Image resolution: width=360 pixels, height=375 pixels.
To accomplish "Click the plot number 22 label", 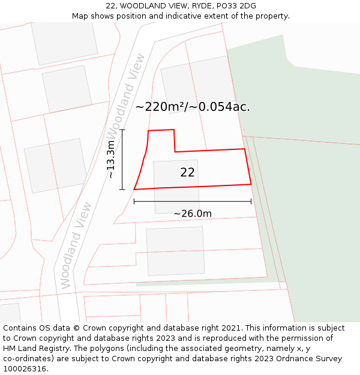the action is [x=187, y=173].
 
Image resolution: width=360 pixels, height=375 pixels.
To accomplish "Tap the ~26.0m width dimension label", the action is [x=193, y=214].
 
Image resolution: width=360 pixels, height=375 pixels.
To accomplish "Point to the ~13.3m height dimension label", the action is [x=110, y=159].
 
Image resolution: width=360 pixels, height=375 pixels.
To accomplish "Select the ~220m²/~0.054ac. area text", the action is [x=193, y=107].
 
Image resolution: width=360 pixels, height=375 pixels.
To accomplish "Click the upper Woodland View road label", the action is [x=125, y=96].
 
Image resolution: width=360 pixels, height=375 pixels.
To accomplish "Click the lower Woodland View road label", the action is [x=75, y=245].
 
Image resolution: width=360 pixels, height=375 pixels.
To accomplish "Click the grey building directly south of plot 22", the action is [x=175, y=251].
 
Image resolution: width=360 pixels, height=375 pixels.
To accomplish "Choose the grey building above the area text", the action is [x=197, y=81].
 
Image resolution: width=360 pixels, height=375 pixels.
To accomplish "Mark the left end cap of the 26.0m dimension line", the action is [x=134, y=202].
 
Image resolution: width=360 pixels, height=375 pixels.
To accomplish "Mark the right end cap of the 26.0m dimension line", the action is [x=251, y=202].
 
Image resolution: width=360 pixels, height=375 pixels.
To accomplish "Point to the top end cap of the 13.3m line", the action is [x=122, y=130].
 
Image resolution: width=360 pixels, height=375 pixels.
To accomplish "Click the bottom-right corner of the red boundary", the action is [x=251, y=184].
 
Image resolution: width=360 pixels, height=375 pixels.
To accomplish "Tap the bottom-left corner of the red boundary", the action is [x=134, y=190].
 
